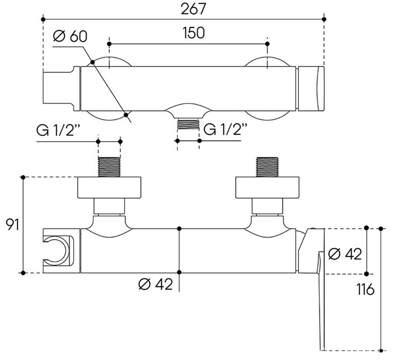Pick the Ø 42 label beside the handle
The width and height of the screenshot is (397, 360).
(345, 254)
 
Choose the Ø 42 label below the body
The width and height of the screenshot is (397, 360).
(156, 284)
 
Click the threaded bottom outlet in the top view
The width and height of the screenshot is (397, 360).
(188, 124)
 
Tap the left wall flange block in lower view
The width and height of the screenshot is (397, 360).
(109, 188)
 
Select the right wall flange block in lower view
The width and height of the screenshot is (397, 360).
(268, 188)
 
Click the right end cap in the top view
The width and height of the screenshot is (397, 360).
(311, 88)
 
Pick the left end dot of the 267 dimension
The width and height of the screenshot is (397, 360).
(43, 19)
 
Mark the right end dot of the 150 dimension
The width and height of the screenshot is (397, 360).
(267, 44)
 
